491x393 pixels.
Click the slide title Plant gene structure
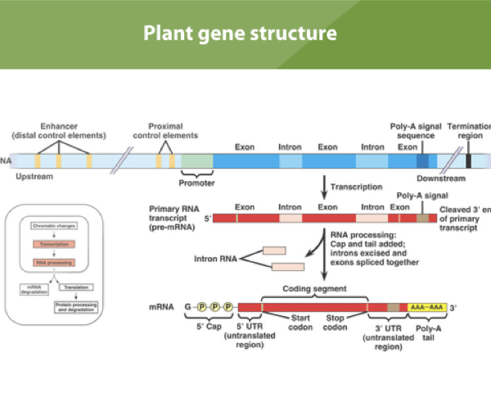240,34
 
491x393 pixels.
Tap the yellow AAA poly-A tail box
426,305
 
